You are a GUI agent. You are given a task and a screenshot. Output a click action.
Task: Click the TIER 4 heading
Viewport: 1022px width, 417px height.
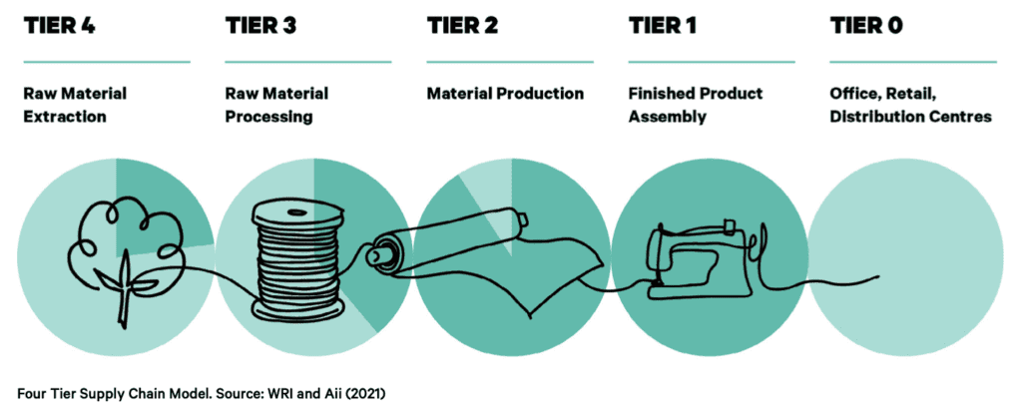click(x=59, y=25)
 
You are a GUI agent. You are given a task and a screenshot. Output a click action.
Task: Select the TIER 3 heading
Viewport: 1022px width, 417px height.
click(x=260, y=25)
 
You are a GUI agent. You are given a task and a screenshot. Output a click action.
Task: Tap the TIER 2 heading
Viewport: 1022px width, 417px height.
click(x=462, y=25)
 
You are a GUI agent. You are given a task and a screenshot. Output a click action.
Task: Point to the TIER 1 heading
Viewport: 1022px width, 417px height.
click(x=663, y=25)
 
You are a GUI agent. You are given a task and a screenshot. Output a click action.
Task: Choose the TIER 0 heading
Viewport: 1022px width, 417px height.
click(x=866, y=25)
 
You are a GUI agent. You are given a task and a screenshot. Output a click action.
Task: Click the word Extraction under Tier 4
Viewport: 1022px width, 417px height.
click(x=65, y=118)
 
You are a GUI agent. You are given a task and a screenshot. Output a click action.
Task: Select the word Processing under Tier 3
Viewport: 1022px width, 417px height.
click(x=269, y=118)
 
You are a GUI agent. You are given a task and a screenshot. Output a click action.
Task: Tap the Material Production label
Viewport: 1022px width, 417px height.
click(x=505, y=93)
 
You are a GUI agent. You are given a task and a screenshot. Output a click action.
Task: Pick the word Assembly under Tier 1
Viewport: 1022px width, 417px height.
click(x=668, y=118)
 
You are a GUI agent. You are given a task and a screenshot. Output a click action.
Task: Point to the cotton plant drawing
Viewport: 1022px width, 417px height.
click(x=124, y=260)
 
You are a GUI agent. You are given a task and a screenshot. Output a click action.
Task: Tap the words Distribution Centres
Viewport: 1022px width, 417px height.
click(x=911, y=118)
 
